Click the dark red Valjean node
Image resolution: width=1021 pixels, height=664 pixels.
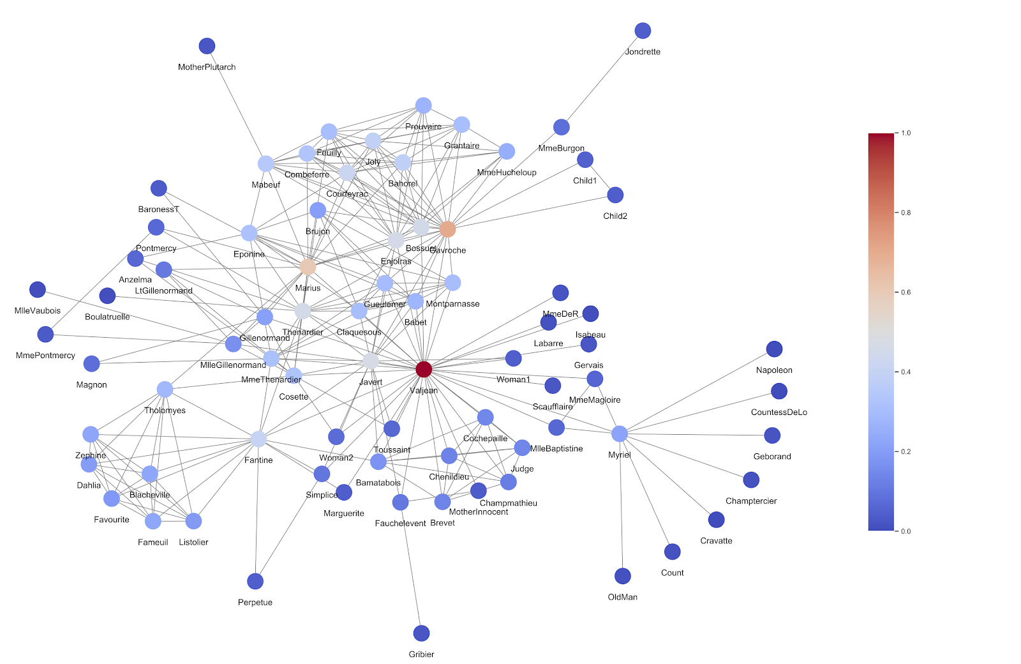424,369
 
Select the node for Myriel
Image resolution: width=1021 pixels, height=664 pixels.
620,434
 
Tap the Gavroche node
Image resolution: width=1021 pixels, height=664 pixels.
448,229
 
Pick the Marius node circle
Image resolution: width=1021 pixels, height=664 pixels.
308,267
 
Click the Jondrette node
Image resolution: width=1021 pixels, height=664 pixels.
643,31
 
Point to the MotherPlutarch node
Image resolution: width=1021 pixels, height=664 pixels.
207,46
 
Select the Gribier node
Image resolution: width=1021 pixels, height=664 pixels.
421,633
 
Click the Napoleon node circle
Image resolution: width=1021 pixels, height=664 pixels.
774,349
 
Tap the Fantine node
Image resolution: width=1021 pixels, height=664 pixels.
258,439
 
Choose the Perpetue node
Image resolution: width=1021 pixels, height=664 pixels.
255,581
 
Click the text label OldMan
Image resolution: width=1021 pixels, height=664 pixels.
622,597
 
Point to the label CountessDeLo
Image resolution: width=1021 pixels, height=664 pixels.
779,412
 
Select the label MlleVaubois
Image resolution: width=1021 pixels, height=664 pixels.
38,311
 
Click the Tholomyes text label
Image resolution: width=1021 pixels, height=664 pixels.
165,411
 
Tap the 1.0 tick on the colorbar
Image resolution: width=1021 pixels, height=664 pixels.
905,133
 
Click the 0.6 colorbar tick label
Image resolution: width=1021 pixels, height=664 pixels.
905,292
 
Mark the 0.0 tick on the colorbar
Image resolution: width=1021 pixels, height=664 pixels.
905,531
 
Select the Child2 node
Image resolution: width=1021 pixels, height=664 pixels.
615,195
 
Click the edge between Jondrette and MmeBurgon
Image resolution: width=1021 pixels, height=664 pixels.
602,79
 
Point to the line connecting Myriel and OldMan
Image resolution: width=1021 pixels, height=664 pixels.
621,504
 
